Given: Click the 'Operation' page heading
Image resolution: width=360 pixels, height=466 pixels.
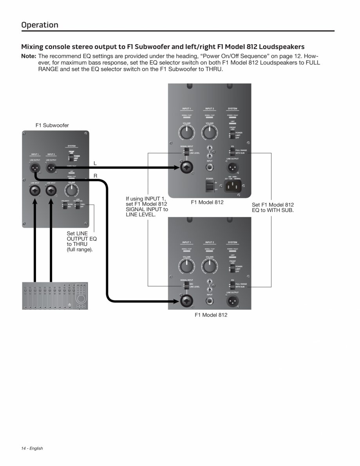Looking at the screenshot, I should [x=40, y=25].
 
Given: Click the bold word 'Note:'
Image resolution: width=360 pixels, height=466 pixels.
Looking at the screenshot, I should [x=28, y=56].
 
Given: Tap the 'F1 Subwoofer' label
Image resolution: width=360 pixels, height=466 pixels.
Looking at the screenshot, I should [x=52, y=125].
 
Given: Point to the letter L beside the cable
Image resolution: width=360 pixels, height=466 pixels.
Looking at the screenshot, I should [x=95, y=163].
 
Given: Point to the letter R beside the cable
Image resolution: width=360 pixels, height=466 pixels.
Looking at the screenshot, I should [x=95, y=176].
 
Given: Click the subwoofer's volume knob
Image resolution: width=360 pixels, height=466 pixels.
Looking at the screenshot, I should [x=71, y=190].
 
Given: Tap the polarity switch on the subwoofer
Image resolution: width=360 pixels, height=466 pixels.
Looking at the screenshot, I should [x=64, y=206].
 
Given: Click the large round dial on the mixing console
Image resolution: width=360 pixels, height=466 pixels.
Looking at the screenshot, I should [x=81, y=298].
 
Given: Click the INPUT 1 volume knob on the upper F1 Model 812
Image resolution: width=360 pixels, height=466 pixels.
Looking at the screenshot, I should [x=187, y=133].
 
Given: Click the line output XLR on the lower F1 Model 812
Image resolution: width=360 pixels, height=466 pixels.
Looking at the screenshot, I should [x=232, y=302].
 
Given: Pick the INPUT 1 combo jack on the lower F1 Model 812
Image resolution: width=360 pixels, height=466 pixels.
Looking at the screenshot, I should [x=187, y=302].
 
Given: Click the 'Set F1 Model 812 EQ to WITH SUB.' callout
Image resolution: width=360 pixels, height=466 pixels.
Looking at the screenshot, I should [x=273, y=208].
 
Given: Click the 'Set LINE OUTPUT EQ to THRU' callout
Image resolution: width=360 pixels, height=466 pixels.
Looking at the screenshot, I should [x=81, y=242].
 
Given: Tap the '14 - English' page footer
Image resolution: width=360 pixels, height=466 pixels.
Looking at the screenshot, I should [x=32, y=448].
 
